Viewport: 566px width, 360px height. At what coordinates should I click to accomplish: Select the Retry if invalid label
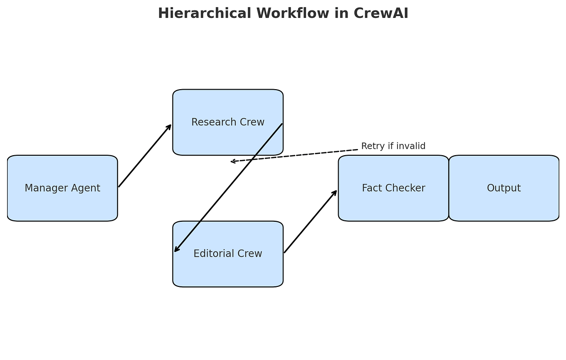(x=393, y=146)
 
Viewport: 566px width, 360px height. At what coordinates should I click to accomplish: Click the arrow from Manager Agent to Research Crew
(x=145, y=156)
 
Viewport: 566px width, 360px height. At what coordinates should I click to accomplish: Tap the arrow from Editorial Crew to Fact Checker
(x=310, y=222)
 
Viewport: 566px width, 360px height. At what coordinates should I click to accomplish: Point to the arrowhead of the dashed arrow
(x=233, y=161)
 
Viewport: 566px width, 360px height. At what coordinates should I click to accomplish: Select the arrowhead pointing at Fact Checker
(x=335, y=193)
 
